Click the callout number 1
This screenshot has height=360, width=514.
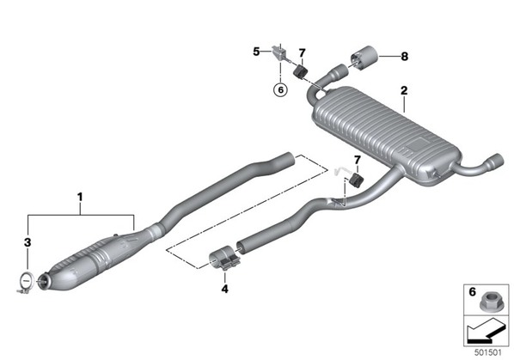80,198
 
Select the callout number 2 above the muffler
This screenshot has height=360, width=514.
404,90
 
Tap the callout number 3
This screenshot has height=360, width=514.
28,242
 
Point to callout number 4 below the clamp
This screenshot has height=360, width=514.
224,289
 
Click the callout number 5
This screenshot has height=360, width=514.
256,52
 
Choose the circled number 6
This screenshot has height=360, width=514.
280,89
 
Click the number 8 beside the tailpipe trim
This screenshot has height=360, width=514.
405,57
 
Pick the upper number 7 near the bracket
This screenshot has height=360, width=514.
302,52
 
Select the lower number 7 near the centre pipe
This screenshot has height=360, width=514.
358,160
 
